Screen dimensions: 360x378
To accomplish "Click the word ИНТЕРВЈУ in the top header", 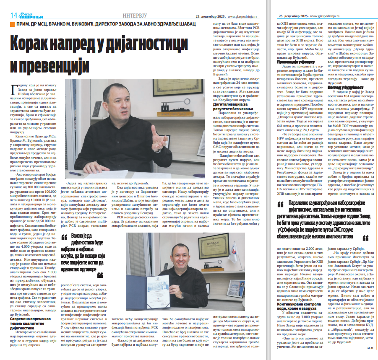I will point(137,16).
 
